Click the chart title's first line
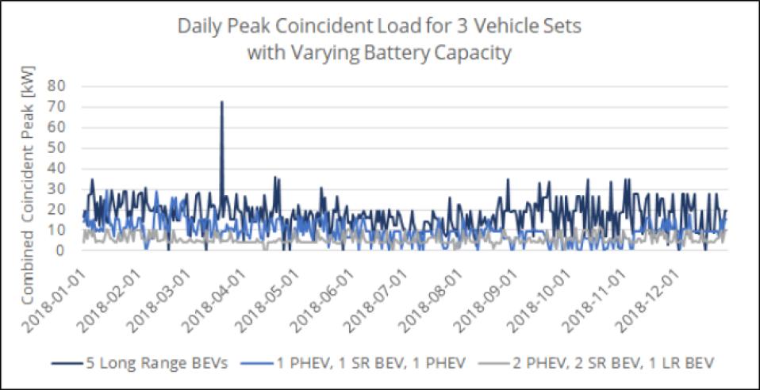coord(380,25)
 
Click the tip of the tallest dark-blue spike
coord(221,102)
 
